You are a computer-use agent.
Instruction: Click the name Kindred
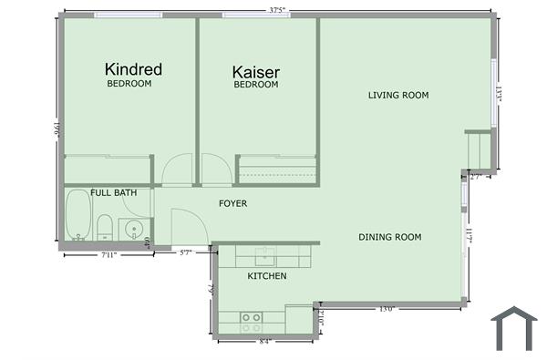tap(133, 69)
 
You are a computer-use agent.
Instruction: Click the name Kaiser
tap(256, 72)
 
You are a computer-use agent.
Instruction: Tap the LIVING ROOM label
tap(398, 95)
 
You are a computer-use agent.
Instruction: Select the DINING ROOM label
tap(389, 237)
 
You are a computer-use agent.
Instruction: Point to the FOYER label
tap(233, 203)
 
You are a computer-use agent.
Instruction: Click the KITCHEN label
tap(267, 276)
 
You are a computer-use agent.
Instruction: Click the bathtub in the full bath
tap(77, 219)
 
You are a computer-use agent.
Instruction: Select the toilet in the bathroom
tap(105, 226)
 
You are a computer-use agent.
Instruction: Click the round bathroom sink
tap(136, 229)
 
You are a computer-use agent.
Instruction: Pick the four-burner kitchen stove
tap(251, 320)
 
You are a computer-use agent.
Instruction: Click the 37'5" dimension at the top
tap(278, 10)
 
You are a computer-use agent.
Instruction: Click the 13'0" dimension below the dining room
tap(386, 310)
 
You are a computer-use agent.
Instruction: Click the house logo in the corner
tap(514, 328)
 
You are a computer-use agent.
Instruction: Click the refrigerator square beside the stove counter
tap(297, 319)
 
